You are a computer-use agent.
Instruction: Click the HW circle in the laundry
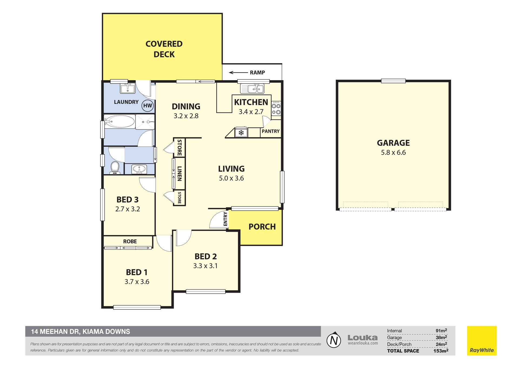tap(148, 105)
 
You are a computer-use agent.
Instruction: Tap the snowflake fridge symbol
tap(241, 133)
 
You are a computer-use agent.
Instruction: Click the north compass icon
tap(334, 340)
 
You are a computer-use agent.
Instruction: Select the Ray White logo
tap(482, 340)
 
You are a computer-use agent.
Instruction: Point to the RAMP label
tap(257, 72)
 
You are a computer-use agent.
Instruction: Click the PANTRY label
tap(271, 131)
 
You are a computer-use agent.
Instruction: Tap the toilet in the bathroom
tap(115, 168)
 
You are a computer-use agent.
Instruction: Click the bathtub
tap(119, 121)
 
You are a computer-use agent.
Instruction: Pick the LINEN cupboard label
tap(179, 173)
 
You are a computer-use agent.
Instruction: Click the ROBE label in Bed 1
tap(130, 242)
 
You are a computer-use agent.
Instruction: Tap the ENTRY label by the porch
tap(225, 219)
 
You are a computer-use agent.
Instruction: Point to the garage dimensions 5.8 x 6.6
tap(393, 153)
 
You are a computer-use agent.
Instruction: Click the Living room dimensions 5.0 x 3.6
tap(231, 178)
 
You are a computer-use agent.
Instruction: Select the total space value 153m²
tap(441, 351)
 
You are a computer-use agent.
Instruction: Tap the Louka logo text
tap(362, 338)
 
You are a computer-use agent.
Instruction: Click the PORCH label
tap(262, 227)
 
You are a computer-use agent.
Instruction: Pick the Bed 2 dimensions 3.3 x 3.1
tap(205, 266)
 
